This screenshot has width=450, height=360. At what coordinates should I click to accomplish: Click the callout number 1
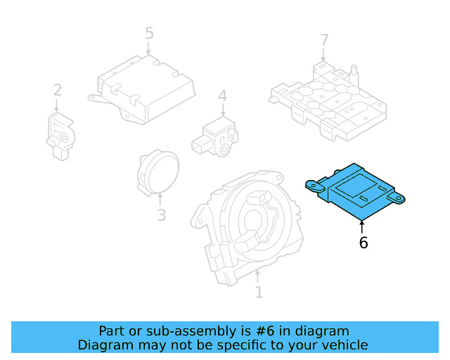coord(259,291)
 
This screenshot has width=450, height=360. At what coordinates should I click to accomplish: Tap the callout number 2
coord(57,90)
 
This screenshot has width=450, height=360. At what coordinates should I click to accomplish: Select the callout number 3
coord(161,215)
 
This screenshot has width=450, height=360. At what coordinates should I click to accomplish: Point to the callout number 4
coord(222,96)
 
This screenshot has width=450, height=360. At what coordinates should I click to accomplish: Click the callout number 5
coord(149,32)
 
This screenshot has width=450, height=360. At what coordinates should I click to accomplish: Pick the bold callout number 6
coord(363,243)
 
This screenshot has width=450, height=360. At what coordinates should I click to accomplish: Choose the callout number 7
coord(324,39)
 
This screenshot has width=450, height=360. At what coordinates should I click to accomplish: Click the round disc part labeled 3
coord(157,172)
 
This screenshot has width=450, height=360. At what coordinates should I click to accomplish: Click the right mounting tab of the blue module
coord(401,200)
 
